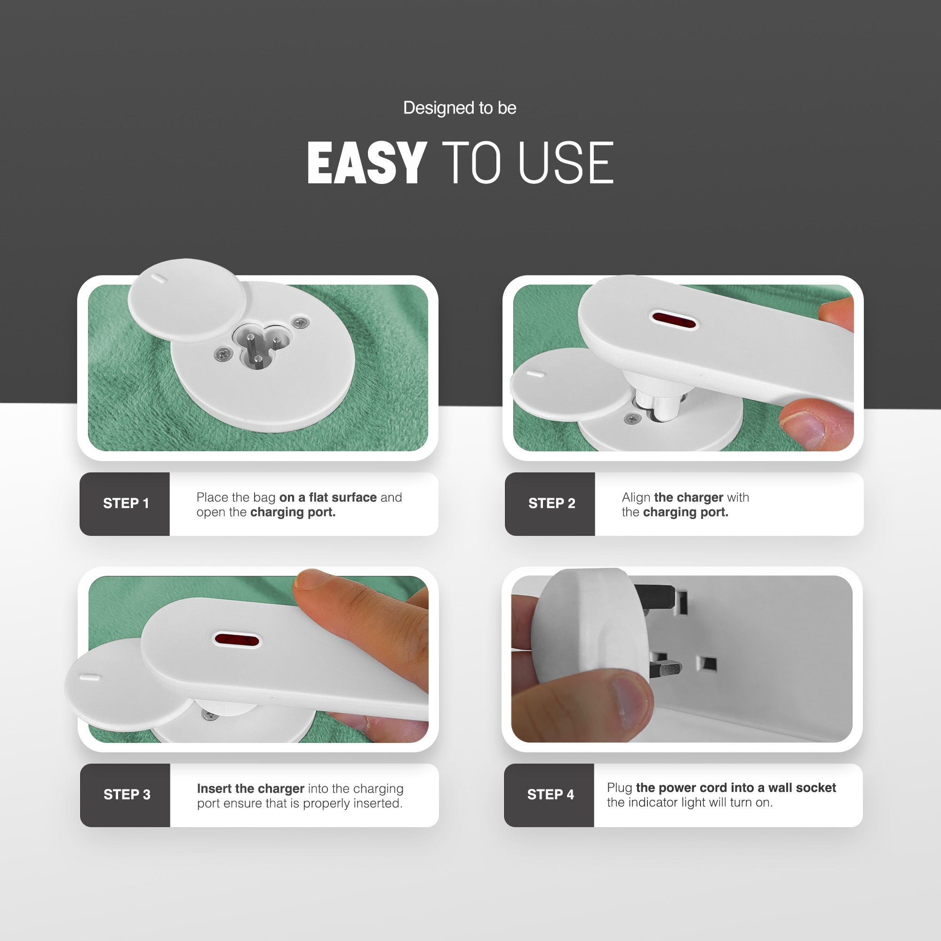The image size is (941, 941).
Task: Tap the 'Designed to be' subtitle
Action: point(460,108)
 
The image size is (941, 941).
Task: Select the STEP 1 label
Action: point(126,503)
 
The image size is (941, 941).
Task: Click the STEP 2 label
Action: point(551,503)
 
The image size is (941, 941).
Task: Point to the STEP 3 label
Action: point(127,794)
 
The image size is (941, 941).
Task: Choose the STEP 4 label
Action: point(550,794)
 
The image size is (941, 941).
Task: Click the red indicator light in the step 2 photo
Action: point(674,320)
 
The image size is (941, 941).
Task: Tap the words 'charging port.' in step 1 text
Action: point(293,512)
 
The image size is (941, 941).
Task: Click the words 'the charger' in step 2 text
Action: point(688,497)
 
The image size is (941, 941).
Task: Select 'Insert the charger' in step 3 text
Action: point(250,788)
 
